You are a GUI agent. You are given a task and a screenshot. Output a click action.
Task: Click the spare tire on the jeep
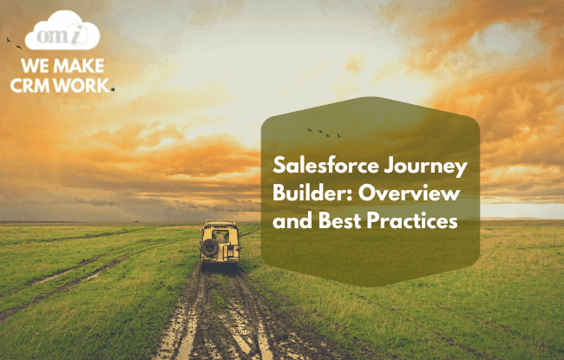click(209, 246)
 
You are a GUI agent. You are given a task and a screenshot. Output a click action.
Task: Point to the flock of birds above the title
click(324, 132)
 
